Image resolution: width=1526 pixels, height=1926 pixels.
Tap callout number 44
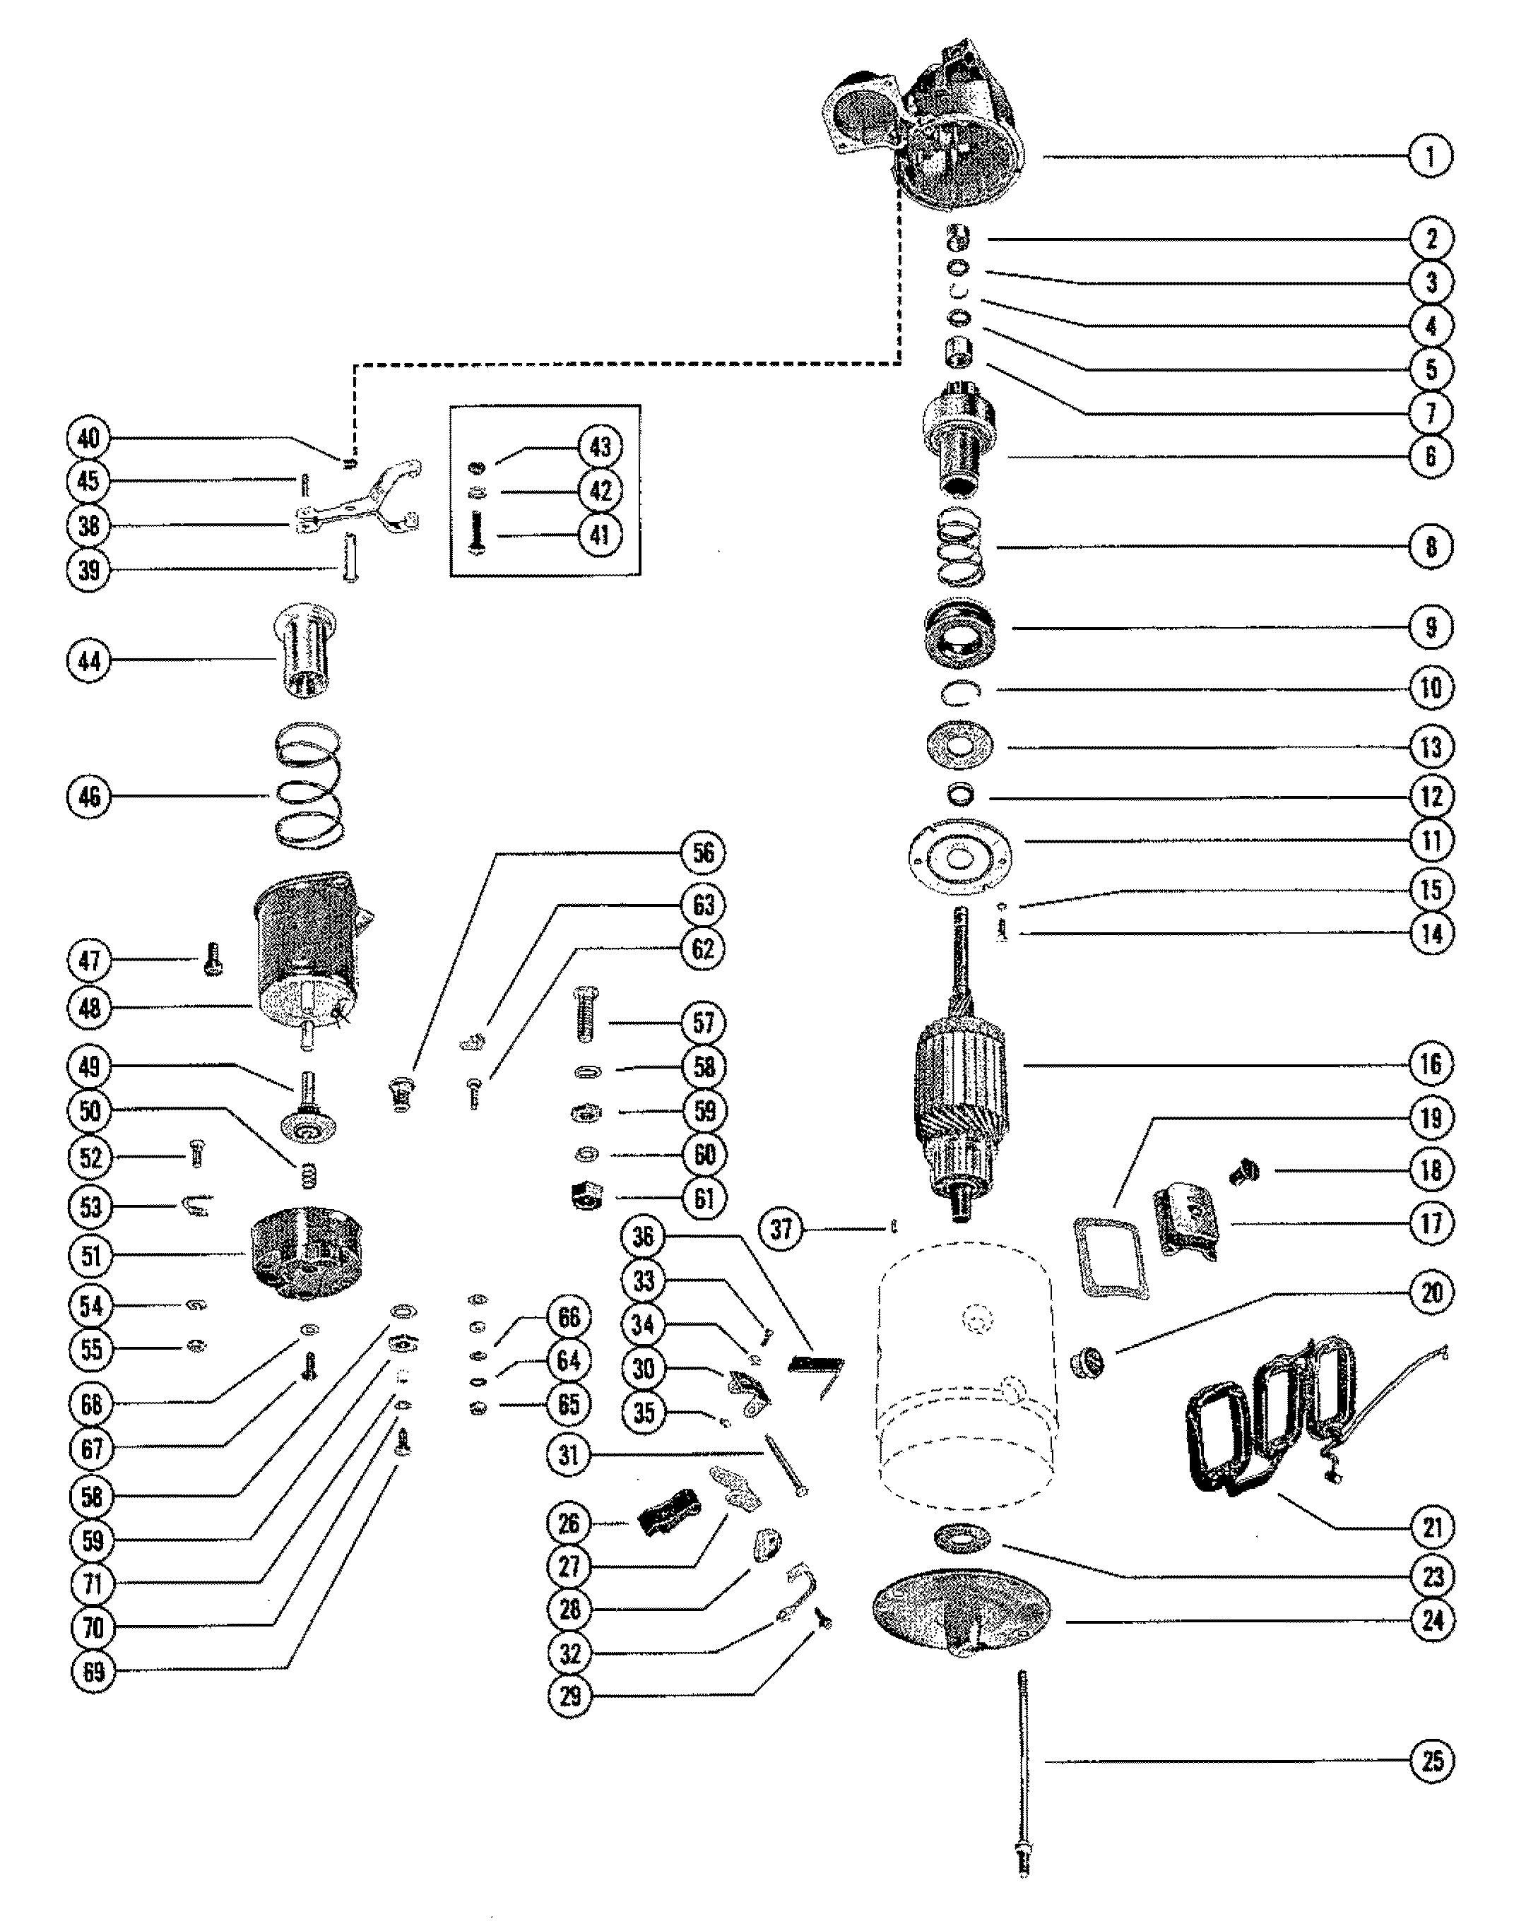[89, 661]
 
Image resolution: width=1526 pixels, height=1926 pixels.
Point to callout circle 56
[703, 852]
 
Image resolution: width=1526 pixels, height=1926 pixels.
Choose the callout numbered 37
[781, 1229]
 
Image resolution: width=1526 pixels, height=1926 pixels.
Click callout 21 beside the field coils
[1432, 1527]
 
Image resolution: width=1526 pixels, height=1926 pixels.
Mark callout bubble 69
[93, 1672]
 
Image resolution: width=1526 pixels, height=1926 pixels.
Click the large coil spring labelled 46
[308, 785]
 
